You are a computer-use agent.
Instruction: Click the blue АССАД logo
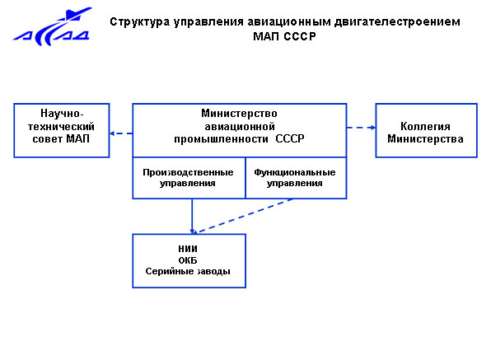pos(53,27)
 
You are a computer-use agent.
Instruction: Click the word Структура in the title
pos(140,22)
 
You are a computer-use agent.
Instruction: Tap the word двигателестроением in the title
pos(397,22)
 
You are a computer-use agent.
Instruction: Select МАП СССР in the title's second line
pos(284,36)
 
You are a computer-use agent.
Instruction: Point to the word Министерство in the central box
pos(239,114)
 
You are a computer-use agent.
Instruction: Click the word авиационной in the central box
pos(240,127)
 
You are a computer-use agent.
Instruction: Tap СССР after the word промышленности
pos(290,138)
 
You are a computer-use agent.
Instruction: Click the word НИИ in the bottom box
pos(188,249)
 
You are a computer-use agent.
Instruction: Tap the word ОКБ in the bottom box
pos(188,260)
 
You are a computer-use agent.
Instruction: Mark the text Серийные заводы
pos(188,271)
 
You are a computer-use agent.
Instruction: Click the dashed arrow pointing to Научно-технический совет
pos(121,133)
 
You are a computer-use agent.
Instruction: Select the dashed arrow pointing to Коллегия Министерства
pos(361,128)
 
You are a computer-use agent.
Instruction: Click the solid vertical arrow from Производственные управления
pos(192,217)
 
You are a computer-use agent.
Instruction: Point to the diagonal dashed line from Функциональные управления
pos(244,216)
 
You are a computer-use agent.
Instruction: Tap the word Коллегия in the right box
pos(425,126)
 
